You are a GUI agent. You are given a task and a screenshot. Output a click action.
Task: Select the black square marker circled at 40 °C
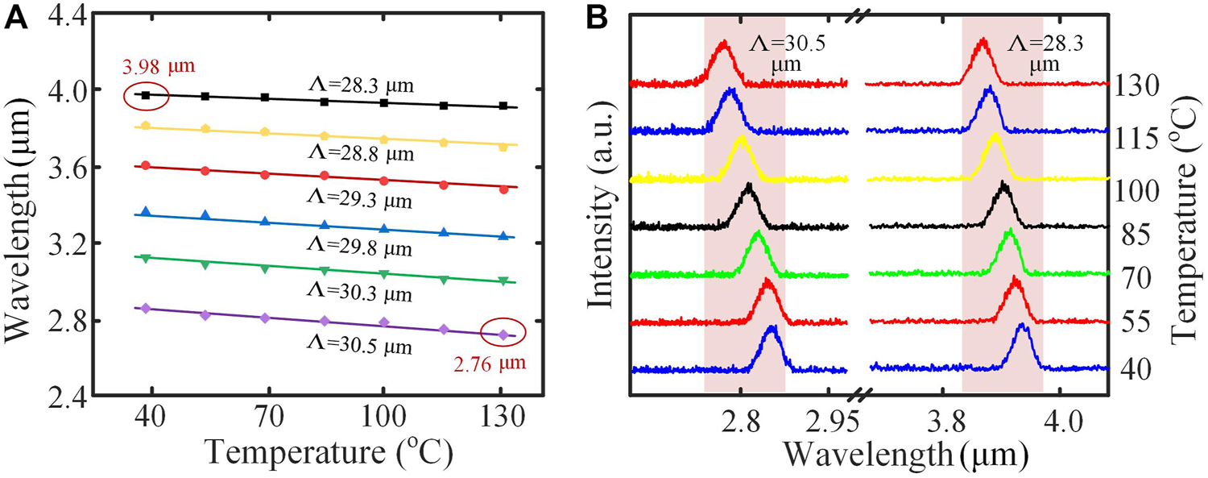click(x=146, y=95)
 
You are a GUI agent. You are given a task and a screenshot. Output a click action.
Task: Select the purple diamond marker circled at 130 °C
click(x=503, y=334)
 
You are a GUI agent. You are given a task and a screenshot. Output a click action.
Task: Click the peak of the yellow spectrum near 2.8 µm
click(x=740, y=138)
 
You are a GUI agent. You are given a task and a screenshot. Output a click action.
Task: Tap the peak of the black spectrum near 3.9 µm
click(x=1003, y=185)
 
